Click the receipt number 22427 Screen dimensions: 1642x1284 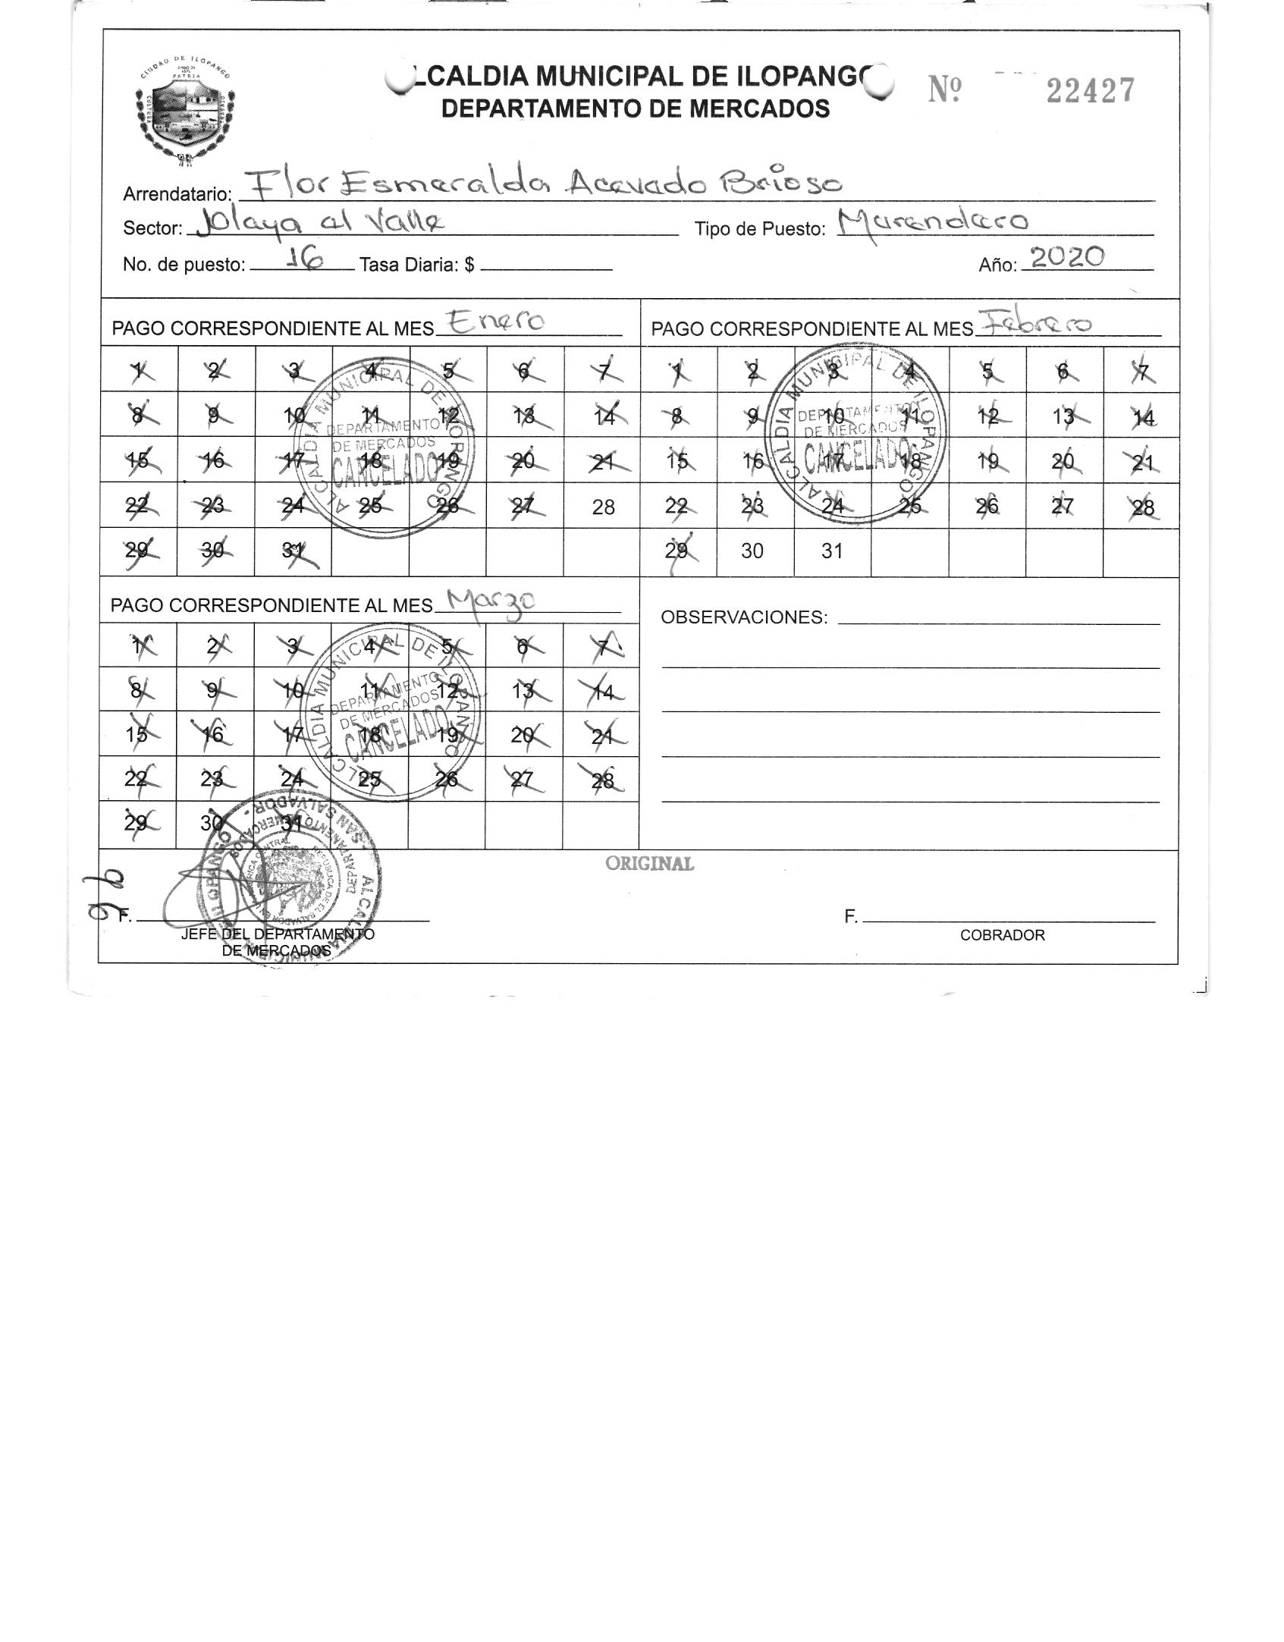[1090, 91]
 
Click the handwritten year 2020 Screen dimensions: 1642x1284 [1067, 258]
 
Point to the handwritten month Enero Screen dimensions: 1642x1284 [497, 322]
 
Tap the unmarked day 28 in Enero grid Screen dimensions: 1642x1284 [603, 507]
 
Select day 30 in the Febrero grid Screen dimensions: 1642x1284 [752, 551]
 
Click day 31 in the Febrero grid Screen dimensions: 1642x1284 [832, 551]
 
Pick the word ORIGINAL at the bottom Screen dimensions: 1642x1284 [649, 864]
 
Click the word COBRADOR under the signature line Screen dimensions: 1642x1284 [1002, 935]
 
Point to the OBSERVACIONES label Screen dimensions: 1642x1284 [743, 617]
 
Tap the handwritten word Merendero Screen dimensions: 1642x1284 [933, 221]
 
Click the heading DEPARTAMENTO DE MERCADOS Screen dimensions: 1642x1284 [635, 109]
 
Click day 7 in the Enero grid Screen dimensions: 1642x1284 [603, 372]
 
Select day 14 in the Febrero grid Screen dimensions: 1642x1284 [1142, 417]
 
